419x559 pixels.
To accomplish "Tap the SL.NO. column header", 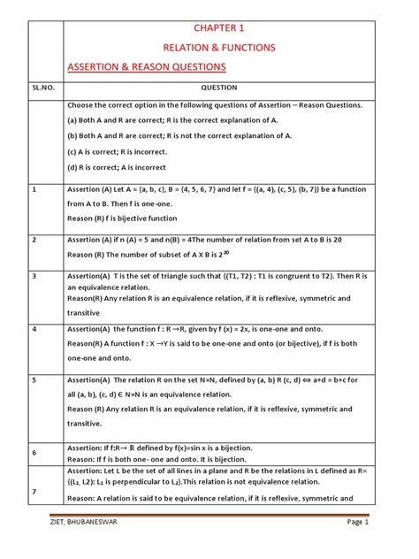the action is [42, 88].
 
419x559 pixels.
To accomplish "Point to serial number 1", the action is [34, 190].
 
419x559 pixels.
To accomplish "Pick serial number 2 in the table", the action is [34, 240].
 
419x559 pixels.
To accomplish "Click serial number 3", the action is [34, 277].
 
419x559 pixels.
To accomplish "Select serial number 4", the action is [34, 328].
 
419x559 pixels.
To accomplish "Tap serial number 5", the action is [34, 379].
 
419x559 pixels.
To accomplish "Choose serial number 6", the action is [34, 453].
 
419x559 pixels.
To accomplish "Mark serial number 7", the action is [34, 491].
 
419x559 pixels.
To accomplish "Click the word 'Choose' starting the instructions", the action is [82, 104].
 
